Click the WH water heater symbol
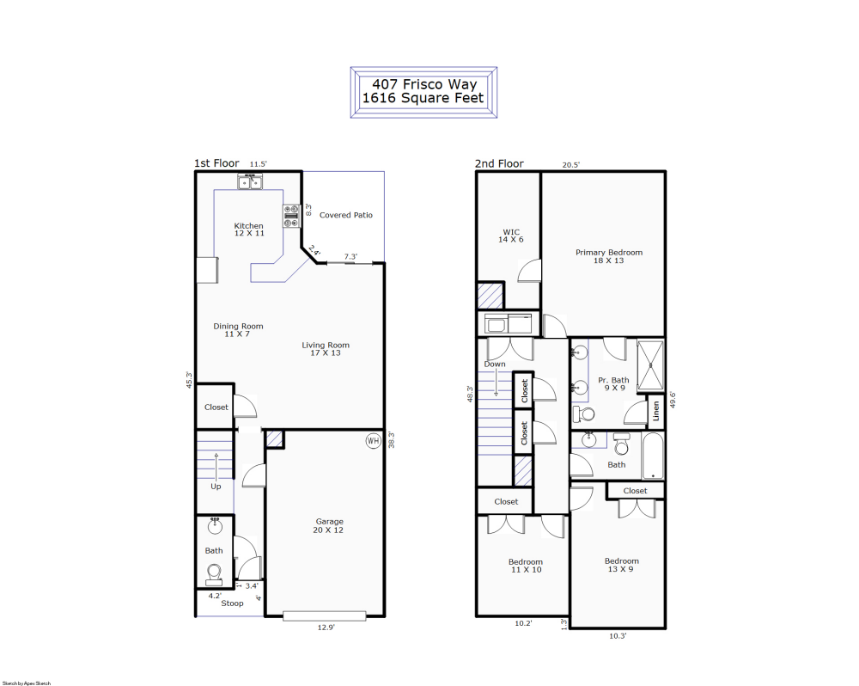click(373, 441)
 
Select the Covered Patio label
click(346, 215)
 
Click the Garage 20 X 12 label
click(329, 526)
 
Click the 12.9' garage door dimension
click(325, 628)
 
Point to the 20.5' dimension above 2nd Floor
click(570, 164)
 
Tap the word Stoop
click(232, 603)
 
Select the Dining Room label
click(238, 330)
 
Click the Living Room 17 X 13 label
click(326, 349)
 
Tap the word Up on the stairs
click(216, 487)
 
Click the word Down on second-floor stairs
click(495, 364)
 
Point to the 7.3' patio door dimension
click(351, 256)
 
